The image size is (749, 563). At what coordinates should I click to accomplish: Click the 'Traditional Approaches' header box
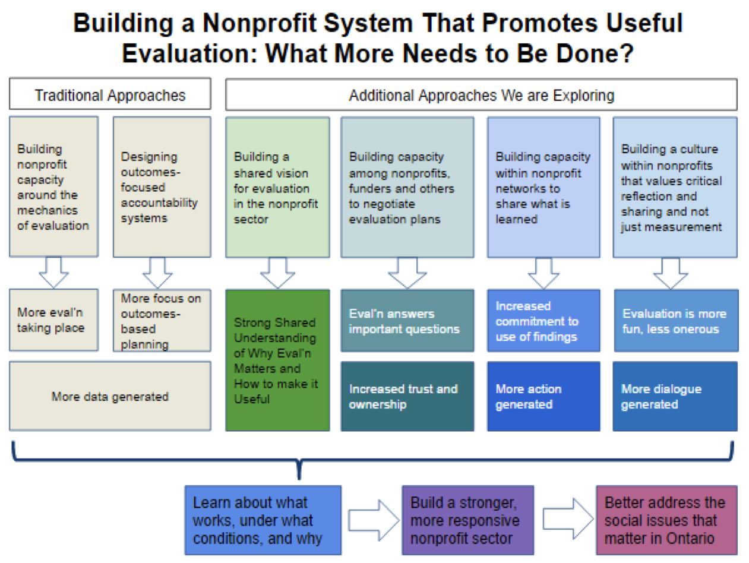tap(110, 95)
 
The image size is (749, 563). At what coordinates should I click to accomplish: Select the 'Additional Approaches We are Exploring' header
tap(481, 95)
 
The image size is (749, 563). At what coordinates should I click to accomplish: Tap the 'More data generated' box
tap(110, 396)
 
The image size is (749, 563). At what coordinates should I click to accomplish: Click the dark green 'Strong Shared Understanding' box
tap(277, 360)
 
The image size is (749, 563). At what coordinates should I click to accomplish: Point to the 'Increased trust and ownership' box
tap(407, 396)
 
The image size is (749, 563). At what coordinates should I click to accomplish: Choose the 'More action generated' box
tap(543, 396)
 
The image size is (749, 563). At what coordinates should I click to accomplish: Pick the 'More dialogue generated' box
tap(675, 396)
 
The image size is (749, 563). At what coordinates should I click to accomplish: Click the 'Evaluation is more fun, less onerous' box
tap(675, 321)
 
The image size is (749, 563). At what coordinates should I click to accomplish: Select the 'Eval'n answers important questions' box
tap(407, 321)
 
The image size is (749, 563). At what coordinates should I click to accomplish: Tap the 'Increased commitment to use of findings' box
tap(543, 321)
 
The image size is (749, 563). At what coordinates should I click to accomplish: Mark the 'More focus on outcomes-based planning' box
tap(162, 321)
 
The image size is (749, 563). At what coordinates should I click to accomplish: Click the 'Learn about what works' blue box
tap(263, 520)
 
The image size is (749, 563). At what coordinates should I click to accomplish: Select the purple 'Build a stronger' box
tap(467, 520)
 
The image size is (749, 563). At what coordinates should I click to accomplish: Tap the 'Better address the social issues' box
tap(666, 520)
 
